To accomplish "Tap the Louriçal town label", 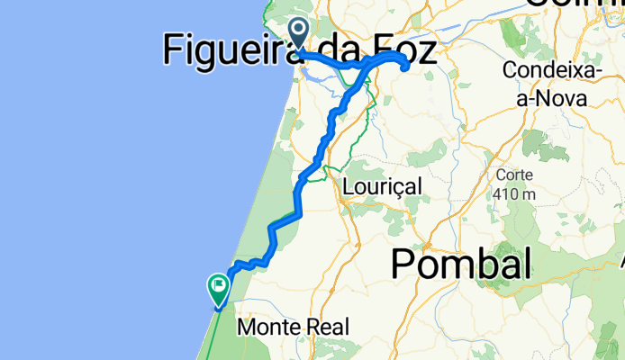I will pos(383,186).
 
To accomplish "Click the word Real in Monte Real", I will pos(328,328).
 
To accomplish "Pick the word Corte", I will pos(515,175).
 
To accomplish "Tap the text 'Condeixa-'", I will pos(546,70).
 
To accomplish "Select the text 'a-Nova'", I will pos(546,95).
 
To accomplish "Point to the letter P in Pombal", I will pos(403,265).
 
